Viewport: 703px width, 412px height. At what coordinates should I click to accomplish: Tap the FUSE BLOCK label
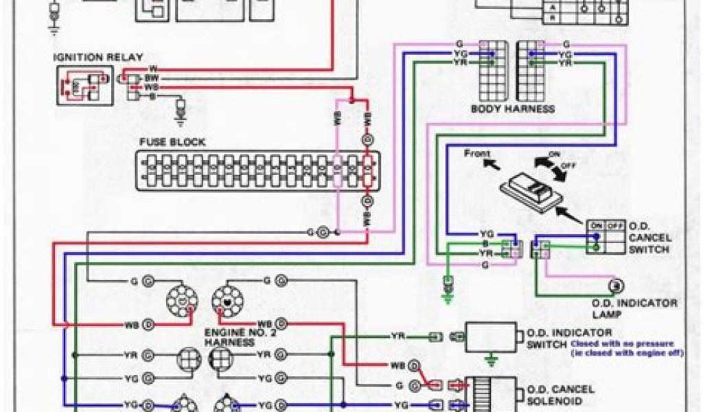(x=172, y=142)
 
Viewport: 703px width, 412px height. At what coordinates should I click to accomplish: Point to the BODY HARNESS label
(x=512, y=108)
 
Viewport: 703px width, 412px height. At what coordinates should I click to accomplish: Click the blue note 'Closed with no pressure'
(x=621, y=343)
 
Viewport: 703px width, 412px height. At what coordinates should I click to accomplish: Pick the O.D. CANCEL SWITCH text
(x=649, y=237)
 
